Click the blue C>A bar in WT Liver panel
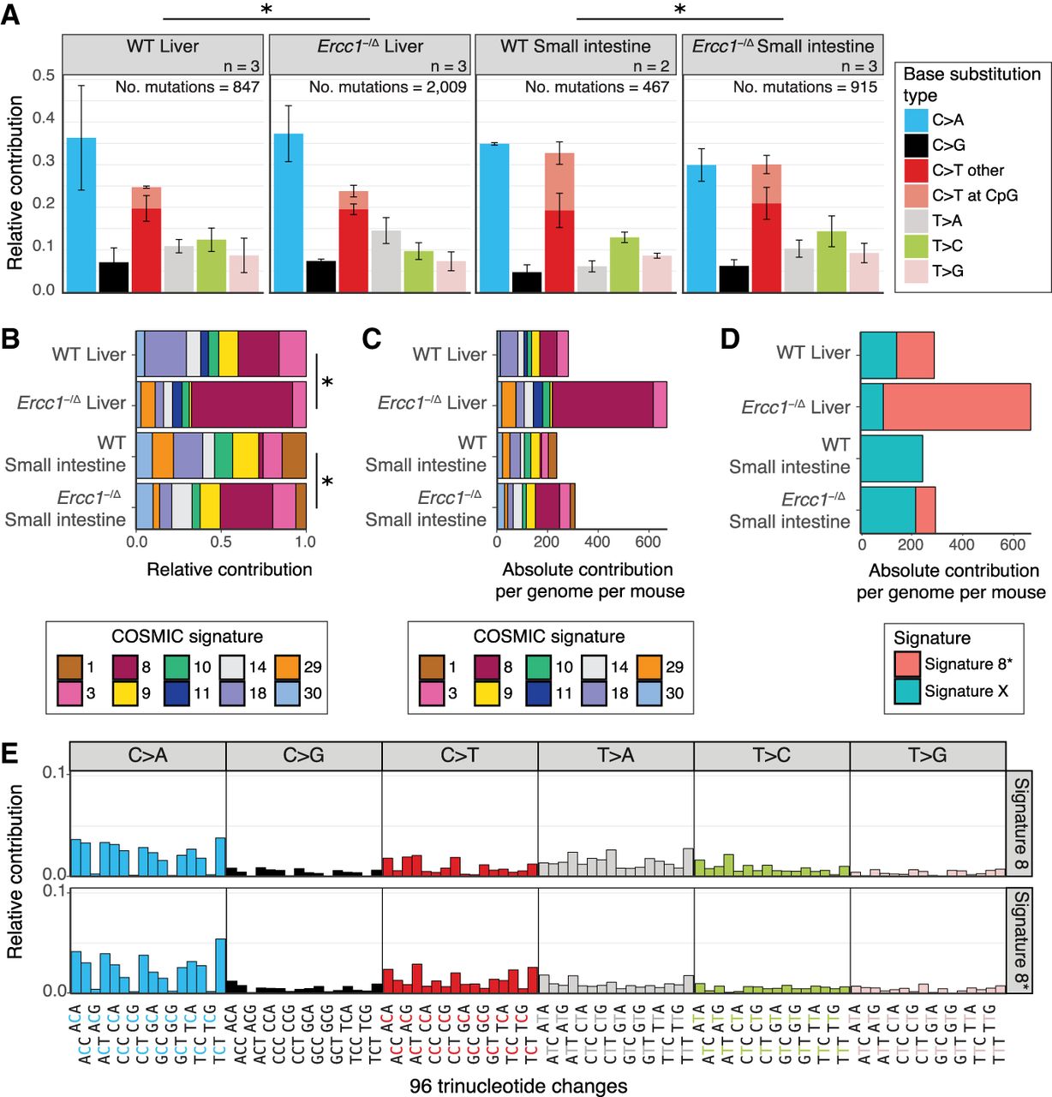pyautogui.click(x=81, y=214)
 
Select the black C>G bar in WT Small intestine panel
pyautogui.click(x=526, y=282)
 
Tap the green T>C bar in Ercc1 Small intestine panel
pyautogui.click(x=831, y=261)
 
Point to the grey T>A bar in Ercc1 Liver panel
pyautogui.click(x=386, y=261)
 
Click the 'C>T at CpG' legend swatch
pyautogui.click(x=916, y=195)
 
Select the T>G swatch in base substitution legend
pyautogui.click(x=916, y=271)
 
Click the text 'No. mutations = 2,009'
pyautogui.click(x=387, y=87)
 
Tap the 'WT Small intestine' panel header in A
pyautogui.click(x=575, y=47)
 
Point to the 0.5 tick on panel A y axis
pyautogui.click(x=44, y=75)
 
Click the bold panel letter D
pyautogui.click(x=729, y=339)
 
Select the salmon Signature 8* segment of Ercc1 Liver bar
pyautogui.click(x=956, y=406)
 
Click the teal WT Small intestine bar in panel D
pyautogui.click(x=891, y=459)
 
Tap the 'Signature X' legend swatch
pyautogui.click(x=906, y=691)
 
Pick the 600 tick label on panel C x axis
pyautogui.click(x=649, y=542)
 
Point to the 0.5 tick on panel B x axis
pyautogui.click(x=220, y=542)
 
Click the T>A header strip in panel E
pyautogui.click(x=615, y=756)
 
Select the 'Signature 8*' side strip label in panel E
pyautogui.click(x=1019, y=940)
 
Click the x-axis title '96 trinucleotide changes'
pyautogui.click(x=518, y=1086)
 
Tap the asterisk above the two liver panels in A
pyautogui.click(x=266, y=9)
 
